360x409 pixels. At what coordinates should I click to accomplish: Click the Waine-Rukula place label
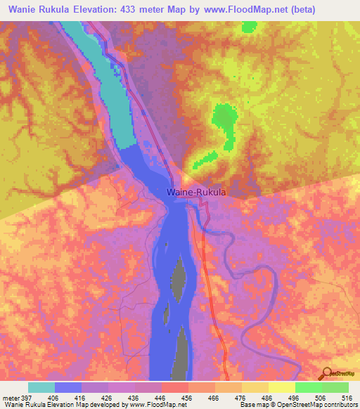point(190,191)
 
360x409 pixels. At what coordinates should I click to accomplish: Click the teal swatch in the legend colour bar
point(41,387)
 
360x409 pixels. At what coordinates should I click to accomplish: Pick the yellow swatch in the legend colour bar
point(281,387)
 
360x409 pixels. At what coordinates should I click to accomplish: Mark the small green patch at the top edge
point(248,27)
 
